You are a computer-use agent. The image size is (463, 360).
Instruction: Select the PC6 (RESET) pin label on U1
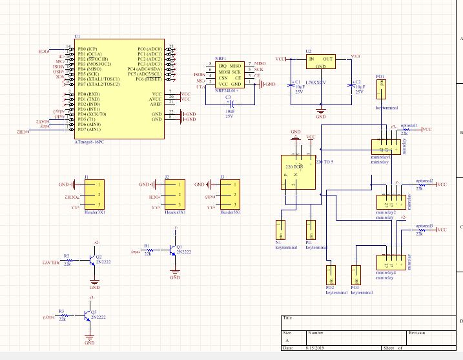tap(149, 79)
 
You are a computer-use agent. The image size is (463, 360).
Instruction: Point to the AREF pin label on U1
tap(156, 104)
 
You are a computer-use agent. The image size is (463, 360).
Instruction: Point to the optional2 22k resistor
tap(420, 185)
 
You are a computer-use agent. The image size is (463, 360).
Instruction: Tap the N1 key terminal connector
tap(281, 232)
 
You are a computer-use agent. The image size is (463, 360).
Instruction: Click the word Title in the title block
tap(288, 317)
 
